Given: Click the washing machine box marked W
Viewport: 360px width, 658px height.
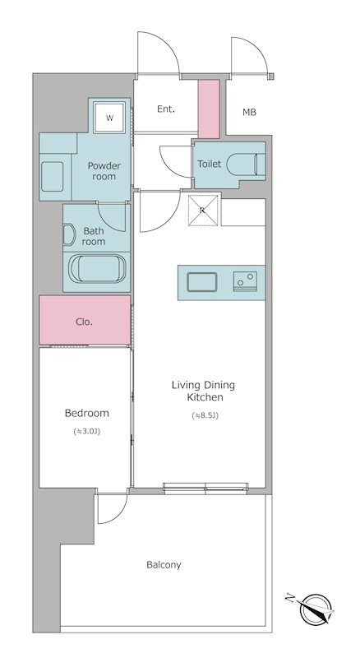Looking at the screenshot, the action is [x=109, y=118].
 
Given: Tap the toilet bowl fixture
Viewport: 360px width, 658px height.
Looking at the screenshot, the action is [x=246, y=164].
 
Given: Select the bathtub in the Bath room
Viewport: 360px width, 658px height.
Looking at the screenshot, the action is [x=97, y=269].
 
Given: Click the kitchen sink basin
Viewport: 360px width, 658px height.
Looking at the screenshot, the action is [x=202, y=282].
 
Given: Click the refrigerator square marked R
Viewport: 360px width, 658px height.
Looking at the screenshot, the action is [x=202, y=211].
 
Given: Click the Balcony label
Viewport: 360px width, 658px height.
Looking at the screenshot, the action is [x=164, y=565].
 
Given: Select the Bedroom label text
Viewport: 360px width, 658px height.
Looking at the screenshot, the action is [x=87, y=413].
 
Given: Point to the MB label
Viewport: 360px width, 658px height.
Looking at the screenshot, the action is [x=249, y=112].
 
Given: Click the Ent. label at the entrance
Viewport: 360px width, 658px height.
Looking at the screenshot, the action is [x=166, y=109].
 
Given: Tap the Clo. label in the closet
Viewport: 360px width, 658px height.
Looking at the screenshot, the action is [x=85, y=322].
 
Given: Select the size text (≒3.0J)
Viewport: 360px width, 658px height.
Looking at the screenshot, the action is [x=87, y=431].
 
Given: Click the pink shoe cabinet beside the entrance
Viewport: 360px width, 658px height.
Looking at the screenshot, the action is [x=209, y=109].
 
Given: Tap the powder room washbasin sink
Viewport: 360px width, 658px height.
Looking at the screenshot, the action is [x=52, y=177].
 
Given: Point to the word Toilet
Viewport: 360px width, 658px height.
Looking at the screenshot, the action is [x=209, y=164].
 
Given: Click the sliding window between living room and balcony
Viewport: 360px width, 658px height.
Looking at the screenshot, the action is [x=205, y=488].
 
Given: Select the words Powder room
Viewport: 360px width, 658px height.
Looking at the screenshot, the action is [x=104, y=171].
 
